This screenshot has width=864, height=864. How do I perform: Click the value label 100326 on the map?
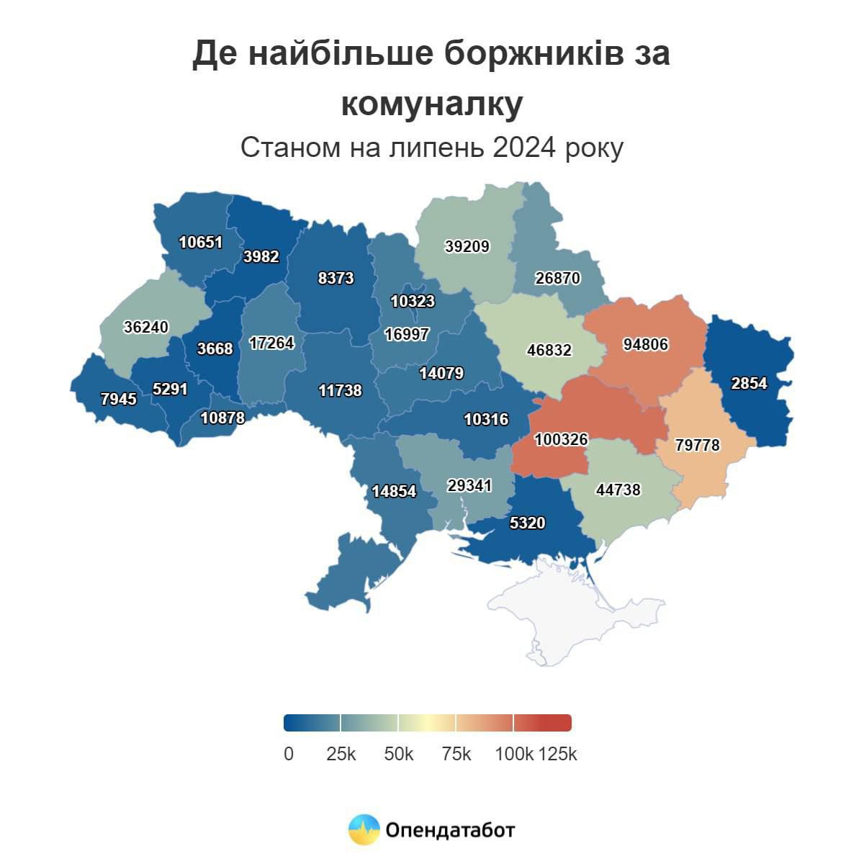pyautogui.click(x=561, y=438)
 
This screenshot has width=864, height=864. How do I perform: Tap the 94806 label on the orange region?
pyautogui.click(x=645, y=345)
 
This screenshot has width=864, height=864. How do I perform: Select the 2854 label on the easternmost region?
pyautogui.click(x=749, y=383)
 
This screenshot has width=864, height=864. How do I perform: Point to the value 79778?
pyautogui.click(x=697, y=445)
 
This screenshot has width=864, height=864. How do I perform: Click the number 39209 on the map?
pyautogui.click(x=467, y=246)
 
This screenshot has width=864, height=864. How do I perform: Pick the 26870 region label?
pyautogui.click(x=557, y=278)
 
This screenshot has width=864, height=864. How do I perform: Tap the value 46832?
pyautogui.click(x=549, y=350)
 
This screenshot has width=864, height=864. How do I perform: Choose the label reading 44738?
pyautogui.click(x=618, y=490)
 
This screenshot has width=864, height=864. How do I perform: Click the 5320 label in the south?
pyautogui.click(x=527, y=523)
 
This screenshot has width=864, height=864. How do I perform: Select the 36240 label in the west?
pyautogui.click(x=145, y=327)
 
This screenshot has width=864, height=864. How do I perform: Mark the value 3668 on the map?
pyautogui.click(x=215, y=348)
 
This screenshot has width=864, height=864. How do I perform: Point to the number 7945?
pyautogui.click(x=118, y=398)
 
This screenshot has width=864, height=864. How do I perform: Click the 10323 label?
pyautogui.click(x=413, y=301)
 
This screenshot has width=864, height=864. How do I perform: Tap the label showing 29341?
pyautogui.click(x=469, y=485)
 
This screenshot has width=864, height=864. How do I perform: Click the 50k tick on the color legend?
pyautogui.click(x=399, y=754)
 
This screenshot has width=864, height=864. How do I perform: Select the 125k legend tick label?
pyautogui.click(x=558, y=754)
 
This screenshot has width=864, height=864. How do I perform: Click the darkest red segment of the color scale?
pyautogui.click(x=543, y=722)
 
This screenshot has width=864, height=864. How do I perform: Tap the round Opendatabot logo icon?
pyautogui.click(x=364, y=829)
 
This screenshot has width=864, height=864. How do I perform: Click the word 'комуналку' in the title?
pyautogui.click(x=431, y=104)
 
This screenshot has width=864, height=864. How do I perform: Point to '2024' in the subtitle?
pyautogui.click(x=524, y=148)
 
